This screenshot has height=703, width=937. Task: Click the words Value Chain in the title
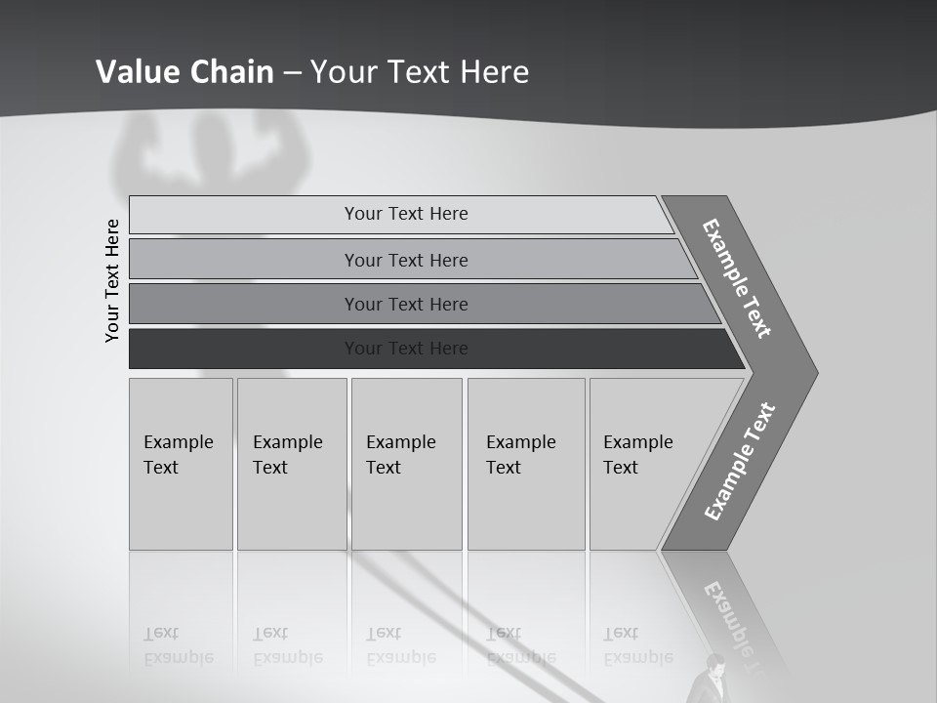(184, 71)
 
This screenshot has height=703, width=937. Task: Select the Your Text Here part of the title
(420, 71)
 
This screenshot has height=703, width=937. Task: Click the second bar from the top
(406, 260)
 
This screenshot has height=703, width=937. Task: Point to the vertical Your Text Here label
(112, 280)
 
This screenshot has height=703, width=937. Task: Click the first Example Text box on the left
(181, 464)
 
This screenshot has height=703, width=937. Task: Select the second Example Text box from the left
(291, 464)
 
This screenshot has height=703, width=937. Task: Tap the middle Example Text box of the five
(406, 464)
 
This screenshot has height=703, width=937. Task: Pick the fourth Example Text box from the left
(525, 464)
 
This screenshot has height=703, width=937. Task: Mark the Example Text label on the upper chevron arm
(737, 278)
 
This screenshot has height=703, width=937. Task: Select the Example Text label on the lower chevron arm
(739, 462)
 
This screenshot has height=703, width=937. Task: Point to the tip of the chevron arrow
(815, 372)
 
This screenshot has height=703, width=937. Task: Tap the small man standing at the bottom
(715, 677)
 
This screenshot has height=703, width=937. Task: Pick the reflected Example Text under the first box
(179, 645)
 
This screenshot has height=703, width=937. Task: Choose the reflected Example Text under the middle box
(400, 645)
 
